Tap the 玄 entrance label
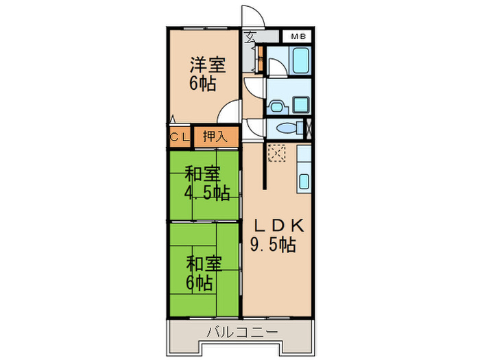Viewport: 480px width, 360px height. (251, 36)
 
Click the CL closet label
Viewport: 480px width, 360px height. (180, 136)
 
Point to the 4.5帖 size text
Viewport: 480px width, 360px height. (205, 193)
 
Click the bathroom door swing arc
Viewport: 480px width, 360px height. (274, 68)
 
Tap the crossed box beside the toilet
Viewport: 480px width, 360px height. (307, 128)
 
